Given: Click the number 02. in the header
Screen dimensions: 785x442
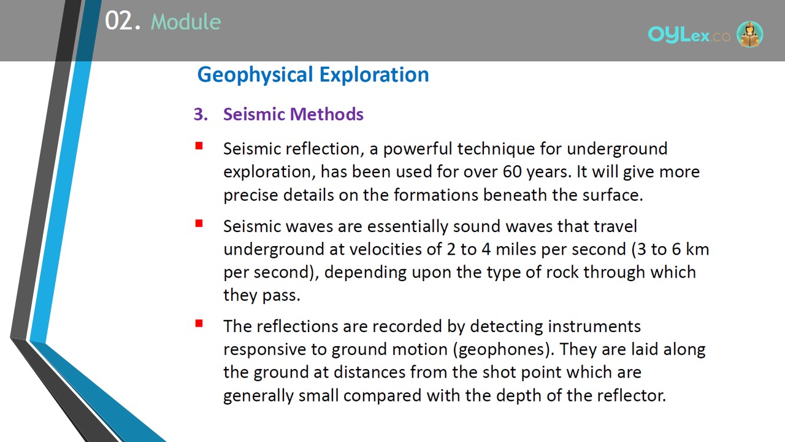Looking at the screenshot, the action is point(123,21).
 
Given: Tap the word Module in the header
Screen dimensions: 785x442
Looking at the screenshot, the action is point(186,21).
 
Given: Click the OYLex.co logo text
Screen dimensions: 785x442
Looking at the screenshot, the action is point(689,35).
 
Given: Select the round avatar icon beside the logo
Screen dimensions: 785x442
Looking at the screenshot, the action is point(749,34).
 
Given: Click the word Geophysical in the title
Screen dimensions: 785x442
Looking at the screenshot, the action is point(255,75).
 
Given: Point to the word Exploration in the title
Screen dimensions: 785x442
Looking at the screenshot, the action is point(374,74).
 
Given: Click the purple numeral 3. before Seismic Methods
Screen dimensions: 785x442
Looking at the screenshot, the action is point(201,114).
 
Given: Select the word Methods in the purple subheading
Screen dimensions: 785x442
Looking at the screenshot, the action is point(327,114).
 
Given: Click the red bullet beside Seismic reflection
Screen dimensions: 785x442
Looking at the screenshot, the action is point(199,145).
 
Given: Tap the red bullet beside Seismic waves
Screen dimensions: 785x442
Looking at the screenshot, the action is point(199,223).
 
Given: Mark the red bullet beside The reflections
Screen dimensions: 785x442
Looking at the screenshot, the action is point(199,323).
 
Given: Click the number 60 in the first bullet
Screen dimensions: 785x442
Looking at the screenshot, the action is point(512,171).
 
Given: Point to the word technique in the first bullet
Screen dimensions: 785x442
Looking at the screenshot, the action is point(496,149).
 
